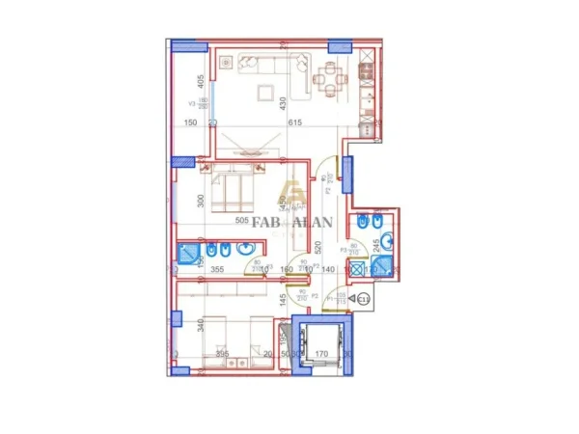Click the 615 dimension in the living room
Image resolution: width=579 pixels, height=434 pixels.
(295, 122)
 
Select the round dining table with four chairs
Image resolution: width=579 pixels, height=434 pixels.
(331, 79)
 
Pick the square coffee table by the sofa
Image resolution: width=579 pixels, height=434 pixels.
(263, 94)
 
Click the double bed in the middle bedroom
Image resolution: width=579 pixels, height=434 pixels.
(232, 193)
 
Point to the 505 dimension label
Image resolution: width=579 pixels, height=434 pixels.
(242, 221)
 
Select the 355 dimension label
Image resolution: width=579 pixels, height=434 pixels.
(217, 271)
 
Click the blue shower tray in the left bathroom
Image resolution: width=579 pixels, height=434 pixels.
(188, 256)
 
